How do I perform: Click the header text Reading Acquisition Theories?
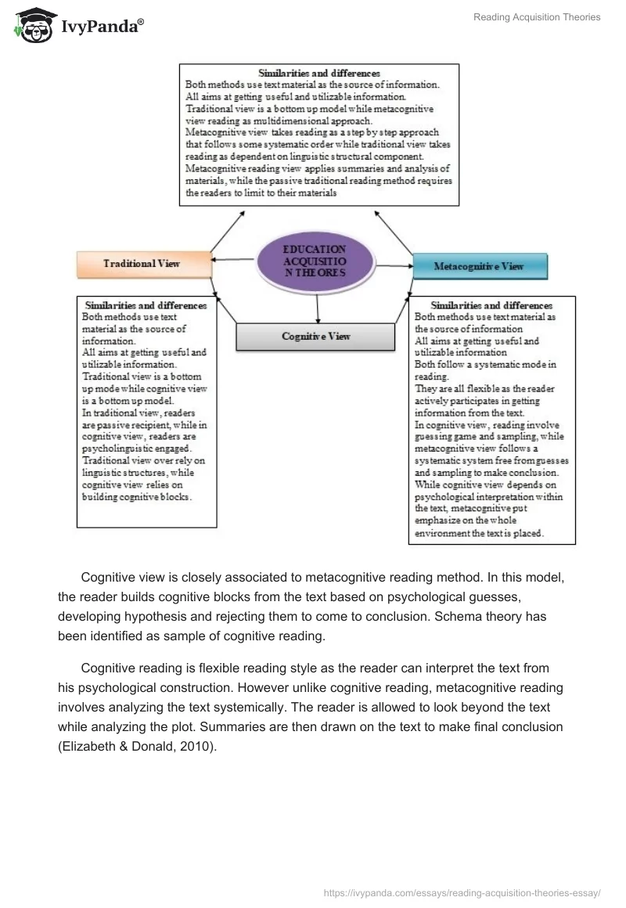coord(537,17)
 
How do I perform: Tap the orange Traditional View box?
coord(142,264)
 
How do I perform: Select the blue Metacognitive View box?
coord(479,266)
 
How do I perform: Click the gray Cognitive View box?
coord(316,336)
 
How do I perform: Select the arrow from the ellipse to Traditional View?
coord(233,260)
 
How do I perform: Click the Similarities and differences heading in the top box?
coord(320,73)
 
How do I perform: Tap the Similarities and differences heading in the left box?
coord(146,305)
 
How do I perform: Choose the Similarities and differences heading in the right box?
coord(491,305)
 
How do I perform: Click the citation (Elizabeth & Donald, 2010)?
coord(136,747)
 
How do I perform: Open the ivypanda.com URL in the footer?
coord(461,892)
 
